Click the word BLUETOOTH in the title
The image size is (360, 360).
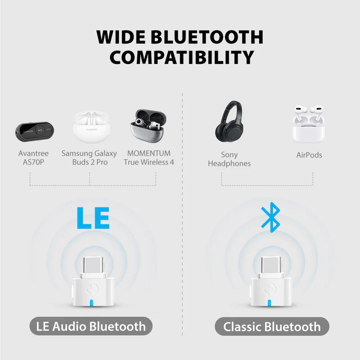(x=207, y=37)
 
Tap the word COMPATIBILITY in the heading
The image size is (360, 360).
(x=182, y=58)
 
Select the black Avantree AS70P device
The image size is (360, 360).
(x=35, y=131)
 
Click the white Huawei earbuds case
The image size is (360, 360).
(x=92, y=127)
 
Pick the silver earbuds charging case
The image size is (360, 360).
(x=148, y=126)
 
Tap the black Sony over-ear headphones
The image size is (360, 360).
(x=229, y=121)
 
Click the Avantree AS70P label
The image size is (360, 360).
(x=33, y=158)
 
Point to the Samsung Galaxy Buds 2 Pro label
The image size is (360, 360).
(x=89, y=158)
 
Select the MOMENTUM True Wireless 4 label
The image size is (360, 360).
(x=149, y=158)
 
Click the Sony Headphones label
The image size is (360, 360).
(x=229, y=159)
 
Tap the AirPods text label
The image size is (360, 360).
(x=309, y=155)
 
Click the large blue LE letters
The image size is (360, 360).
(x=93, y=218)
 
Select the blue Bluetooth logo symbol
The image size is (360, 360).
(x=271, y=217)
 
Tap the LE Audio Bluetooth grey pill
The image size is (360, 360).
(x=91, y=326)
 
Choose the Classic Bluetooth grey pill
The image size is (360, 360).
(x=272, y=327)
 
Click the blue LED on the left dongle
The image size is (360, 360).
(x=92, y=303)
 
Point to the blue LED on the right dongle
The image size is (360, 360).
(x=270, y=303)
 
